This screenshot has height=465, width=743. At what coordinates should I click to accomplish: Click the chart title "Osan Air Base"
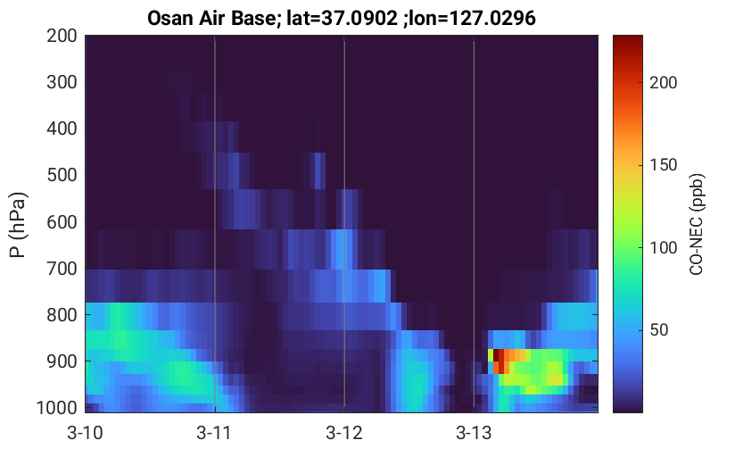pos(211,18)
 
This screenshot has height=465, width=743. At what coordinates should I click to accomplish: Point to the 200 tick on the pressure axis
pos(62,36)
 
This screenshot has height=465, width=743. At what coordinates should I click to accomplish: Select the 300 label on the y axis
pos(62,82)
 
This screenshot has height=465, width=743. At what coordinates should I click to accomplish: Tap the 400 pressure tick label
pos(62,129)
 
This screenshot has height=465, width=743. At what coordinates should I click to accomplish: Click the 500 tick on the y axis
pos(62,175)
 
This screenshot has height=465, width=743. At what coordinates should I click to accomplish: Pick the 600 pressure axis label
pos(62,222)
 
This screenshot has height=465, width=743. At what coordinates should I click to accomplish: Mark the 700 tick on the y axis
pos(62,269)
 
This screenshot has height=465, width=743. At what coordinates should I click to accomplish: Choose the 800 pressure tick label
pos(62,315)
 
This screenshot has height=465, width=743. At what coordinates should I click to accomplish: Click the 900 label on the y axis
pos(62,361)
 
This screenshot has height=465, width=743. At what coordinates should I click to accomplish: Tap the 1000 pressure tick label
pos(57,408)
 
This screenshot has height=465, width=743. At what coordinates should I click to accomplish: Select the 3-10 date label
pos(86,433)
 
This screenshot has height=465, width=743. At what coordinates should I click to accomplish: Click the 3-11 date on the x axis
pos(214,433)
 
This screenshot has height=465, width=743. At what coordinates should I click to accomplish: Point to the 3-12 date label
pos(344,433)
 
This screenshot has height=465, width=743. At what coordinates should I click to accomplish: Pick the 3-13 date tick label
pos(474,433)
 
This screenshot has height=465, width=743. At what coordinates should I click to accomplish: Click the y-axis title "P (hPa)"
pos(18,225)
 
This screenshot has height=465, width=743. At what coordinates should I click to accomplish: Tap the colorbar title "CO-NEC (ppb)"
pos(697,224)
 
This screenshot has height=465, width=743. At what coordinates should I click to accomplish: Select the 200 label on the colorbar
pos(664,82)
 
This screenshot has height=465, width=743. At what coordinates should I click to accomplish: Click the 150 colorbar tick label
pos(664,165)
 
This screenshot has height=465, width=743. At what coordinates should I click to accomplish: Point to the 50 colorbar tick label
pos(658,330)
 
